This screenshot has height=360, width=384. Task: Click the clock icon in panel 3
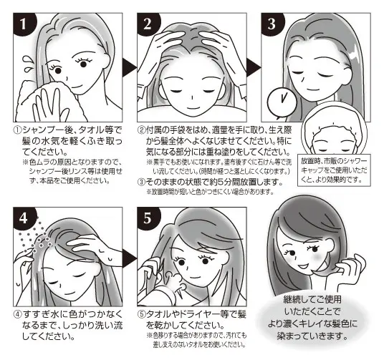276,99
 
